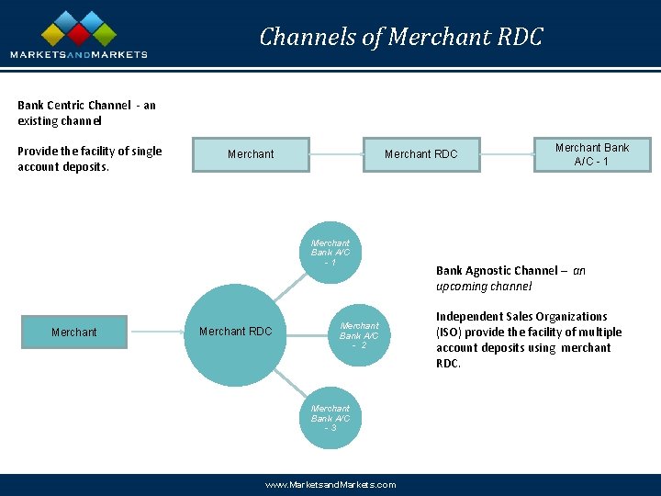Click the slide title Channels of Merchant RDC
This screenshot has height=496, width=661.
401,37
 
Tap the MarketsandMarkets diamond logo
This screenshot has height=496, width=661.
78,29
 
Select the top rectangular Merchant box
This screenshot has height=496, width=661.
251,154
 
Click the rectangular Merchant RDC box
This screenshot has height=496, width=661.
420,154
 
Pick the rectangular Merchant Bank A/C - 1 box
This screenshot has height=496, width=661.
591,154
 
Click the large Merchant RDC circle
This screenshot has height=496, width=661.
235,332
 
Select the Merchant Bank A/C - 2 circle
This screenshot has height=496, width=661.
359,335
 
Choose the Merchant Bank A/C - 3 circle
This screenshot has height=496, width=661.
330,418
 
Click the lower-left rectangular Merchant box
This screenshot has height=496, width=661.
73,333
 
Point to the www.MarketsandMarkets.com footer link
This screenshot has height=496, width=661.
330,484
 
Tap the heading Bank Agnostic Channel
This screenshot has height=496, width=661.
497,271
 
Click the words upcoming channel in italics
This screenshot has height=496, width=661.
484,287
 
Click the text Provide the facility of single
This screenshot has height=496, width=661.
89,152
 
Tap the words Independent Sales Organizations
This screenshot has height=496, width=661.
521,317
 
